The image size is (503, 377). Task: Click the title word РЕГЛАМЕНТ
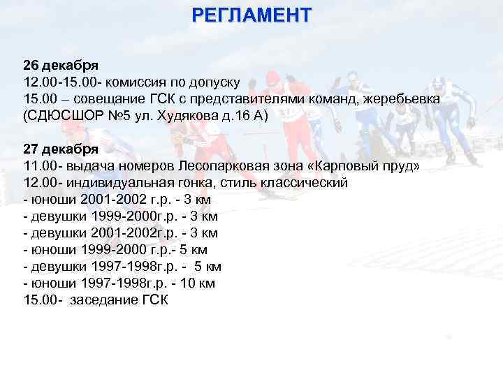pos(251,13)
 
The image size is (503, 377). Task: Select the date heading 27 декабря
pos(60,150)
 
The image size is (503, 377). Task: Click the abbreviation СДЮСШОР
pos(66,117)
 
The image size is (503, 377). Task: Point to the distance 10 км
pos(198,284)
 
